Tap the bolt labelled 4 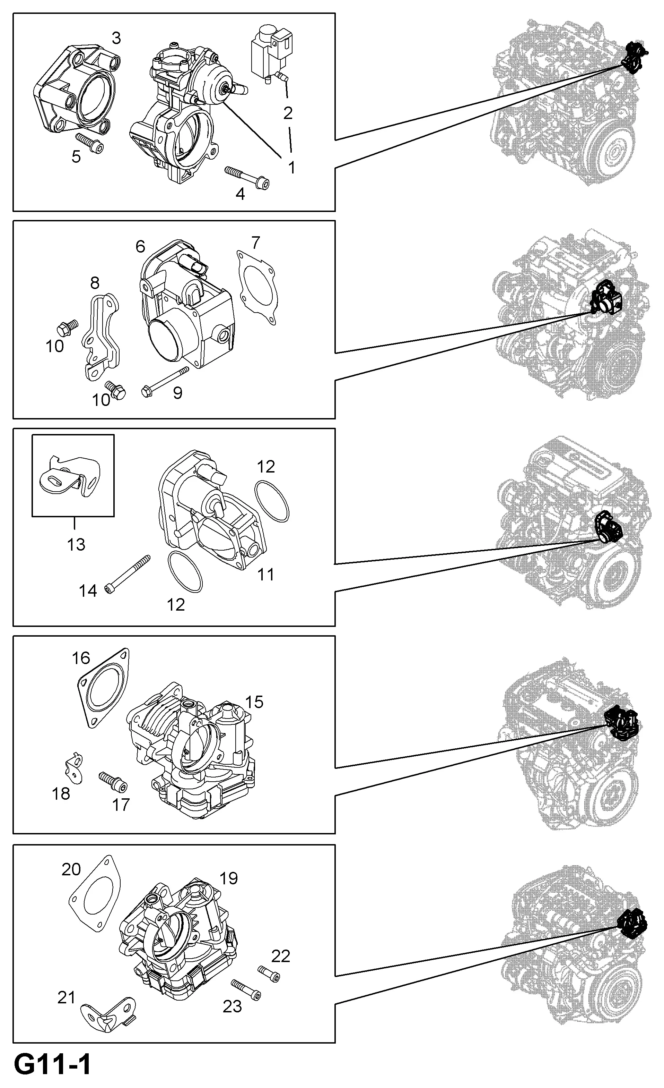click(247, 178)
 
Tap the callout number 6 click(140, 246)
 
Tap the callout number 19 click(228, 878)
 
